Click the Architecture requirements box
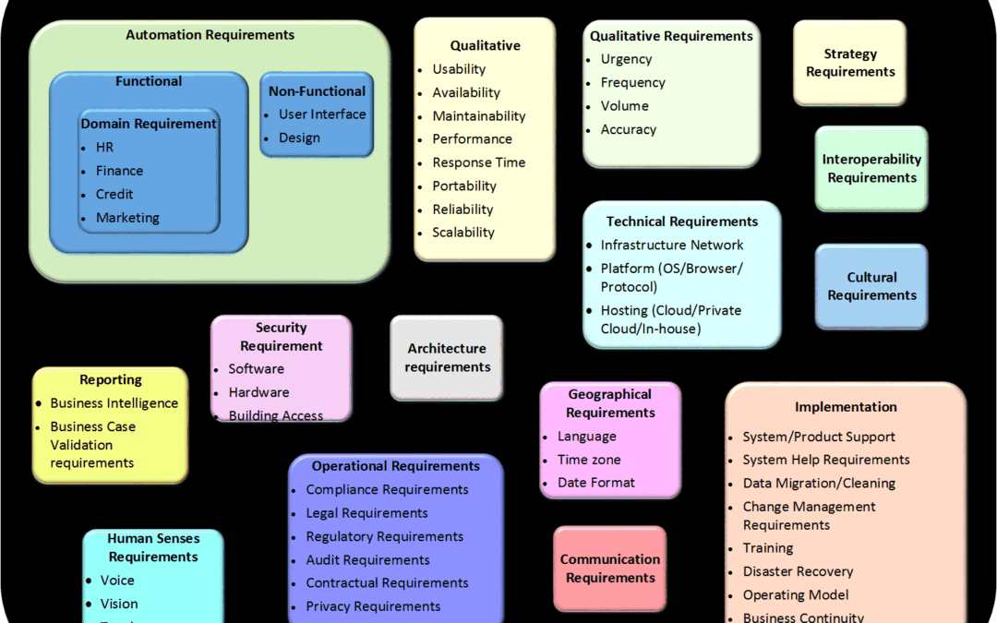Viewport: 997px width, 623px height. [x=447, y=358]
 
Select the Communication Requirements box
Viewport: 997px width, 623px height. [x=610, y=569]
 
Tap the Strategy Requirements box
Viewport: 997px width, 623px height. [x=850, y=63]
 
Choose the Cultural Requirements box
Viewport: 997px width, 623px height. [x=871, y=286]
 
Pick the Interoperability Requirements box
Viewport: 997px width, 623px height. [x=871, y=168]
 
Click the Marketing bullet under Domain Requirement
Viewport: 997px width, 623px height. [x=127, y=218]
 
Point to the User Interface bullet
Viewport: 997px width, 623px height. [x=322, y=114]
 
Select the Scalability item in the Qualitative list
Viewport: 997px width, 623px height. [x=463, y=233]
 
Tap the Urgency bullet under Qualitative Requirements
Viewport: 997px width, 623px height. [x=626, y=59]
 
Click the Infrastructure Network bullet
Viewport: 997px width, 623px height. [x=672, y=245]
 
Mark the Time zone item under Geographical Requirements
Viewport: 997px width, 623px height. [x=589, y=460]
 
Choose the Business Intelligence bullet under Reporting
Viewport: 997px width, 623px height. [x=114, y=403]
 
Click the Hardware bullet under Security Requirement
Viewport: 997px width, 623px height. [x=258, y=392]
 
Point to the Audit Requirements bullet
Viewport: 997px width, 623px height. [x=367, y=560]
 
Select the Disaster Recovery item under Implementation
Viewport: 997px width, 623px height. [x=798, y=571]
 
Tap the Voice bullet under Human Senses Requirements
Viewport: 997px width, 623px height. [x=117, y=581]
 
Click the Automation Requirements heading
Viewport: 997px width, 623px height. [x=210, y=35]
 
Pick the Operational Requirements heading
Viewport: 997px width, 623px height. [x=395, y=466]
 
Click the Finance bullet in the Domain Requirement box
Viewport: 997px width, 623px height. [x=119, y=171]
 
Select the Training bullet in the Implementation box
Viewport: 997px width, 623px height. [x=768, y=548]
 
